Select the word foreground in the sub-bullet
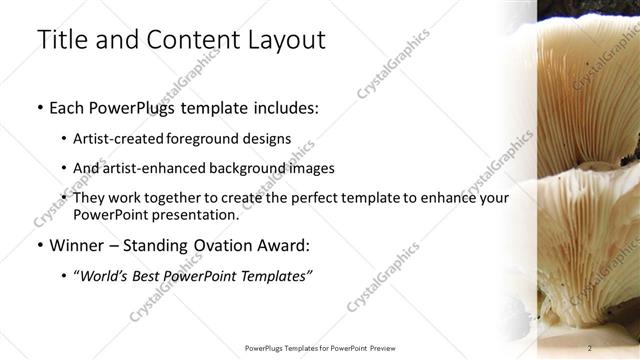click(x=206, y=139)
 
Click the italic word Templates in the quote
click(x=274, y=275)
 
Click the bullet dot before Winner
click(x=39, y=244)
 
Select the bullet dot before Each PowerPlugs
click(x=39, y=107)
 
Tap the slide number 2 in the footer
click(x=590, y=347)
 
